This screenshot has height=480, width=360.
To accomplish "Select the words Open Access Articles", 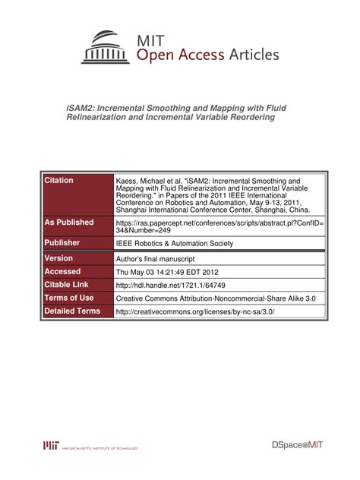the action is point(207,55).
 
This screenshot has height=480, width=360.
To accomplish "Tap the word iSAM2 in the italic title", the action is point(84,108).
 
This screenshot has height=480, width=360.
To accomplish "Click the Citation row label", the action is point(59,181).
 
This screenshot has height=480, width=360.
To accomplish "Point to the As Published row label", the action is point(69,223).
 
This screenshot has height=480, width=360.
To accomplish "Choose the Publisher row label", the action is point(63,243).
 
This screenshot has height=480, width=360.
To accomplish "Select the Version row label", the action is point(59,259).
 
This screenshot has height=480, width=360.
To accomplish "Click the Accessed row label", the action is point(63,272).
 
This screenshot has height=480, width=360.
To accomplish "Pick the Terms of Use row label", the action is point(69,298).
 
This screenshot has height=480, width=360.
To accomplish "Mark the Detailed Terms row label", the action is point(72,311).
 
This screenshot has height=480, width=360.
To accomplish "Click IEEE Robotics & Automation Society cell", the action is point(174,244).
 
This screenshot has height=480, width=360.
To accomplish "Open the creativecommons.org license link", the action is point(194,311).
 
